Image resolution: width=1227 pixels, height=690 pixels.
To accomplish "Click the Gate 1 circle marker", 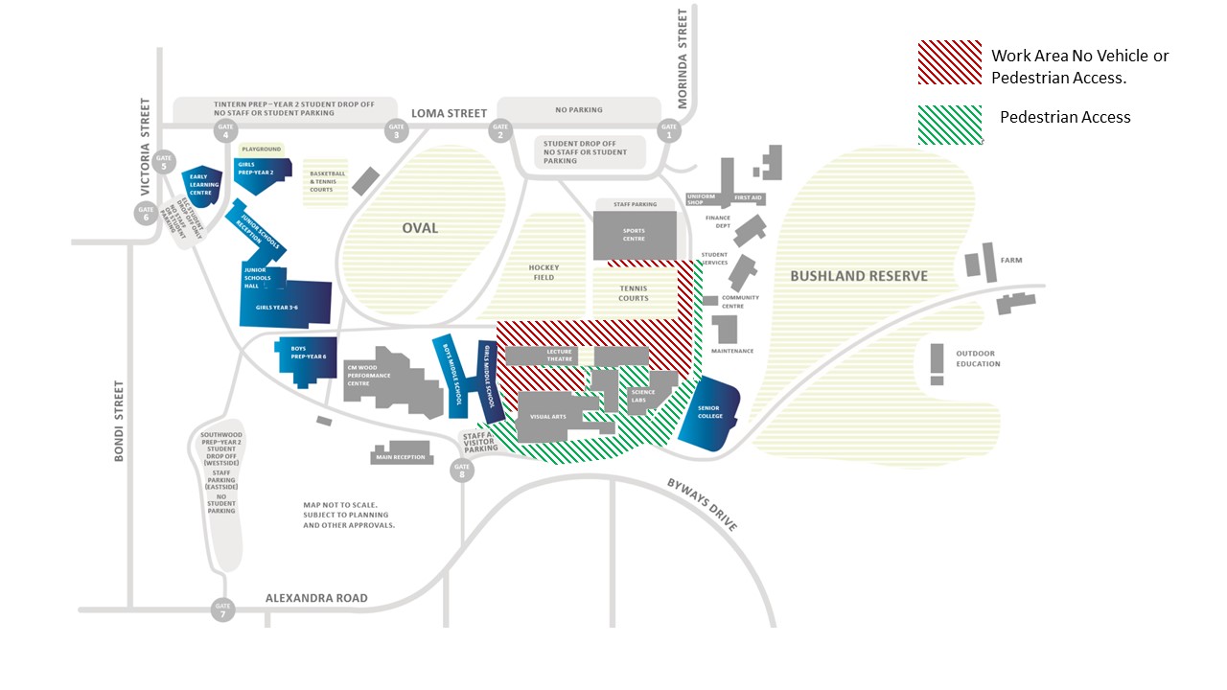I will (668, 131).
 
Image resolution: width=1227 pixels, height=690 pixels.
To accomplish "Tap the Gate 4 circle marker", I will (226, 131).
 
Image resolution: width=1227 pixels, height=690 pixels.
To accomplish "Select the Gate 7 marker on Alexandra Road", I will (223, 609).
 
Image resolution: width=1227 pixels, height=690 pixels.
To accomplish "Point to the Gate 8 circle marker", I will (462, 470).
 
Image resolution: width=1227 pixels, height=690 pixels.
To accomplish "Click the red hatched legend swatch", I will (949, 63).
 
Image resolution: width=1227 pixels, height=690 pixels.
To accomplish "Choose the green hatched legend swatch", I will (949, 125).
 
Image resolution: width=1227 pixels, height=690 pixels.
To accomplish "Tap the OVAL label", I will (420, 228).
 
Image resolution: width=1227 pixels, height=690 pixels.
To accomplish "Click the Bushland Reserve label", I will (859, 276).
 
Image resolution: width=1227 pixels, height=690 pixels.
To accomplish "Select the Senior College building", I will (710, 414).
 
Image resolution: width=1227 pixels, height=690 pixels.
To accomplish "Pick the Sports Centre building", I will (634, 235).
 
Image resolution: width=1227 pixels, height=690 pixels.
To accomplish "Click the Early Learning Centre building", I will (200, 185).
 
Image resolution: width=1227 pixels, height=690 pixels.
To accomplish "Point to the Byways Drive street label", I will (703, 504).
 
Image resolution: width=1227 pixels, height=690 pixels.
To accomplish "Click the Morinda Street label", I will (683, 43).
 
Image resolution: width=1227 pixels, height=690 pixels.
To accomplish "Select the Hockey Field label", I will (543, 273).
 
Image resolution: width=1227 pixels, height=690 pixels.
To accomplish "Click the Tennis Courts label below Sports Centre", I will (634, 293).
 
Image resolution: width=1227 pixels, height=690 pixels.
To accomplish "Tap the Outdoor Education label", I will (978, 358).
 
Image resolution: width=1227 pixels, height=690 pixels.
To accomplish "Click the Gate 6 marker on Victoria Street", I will (146, 213).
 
